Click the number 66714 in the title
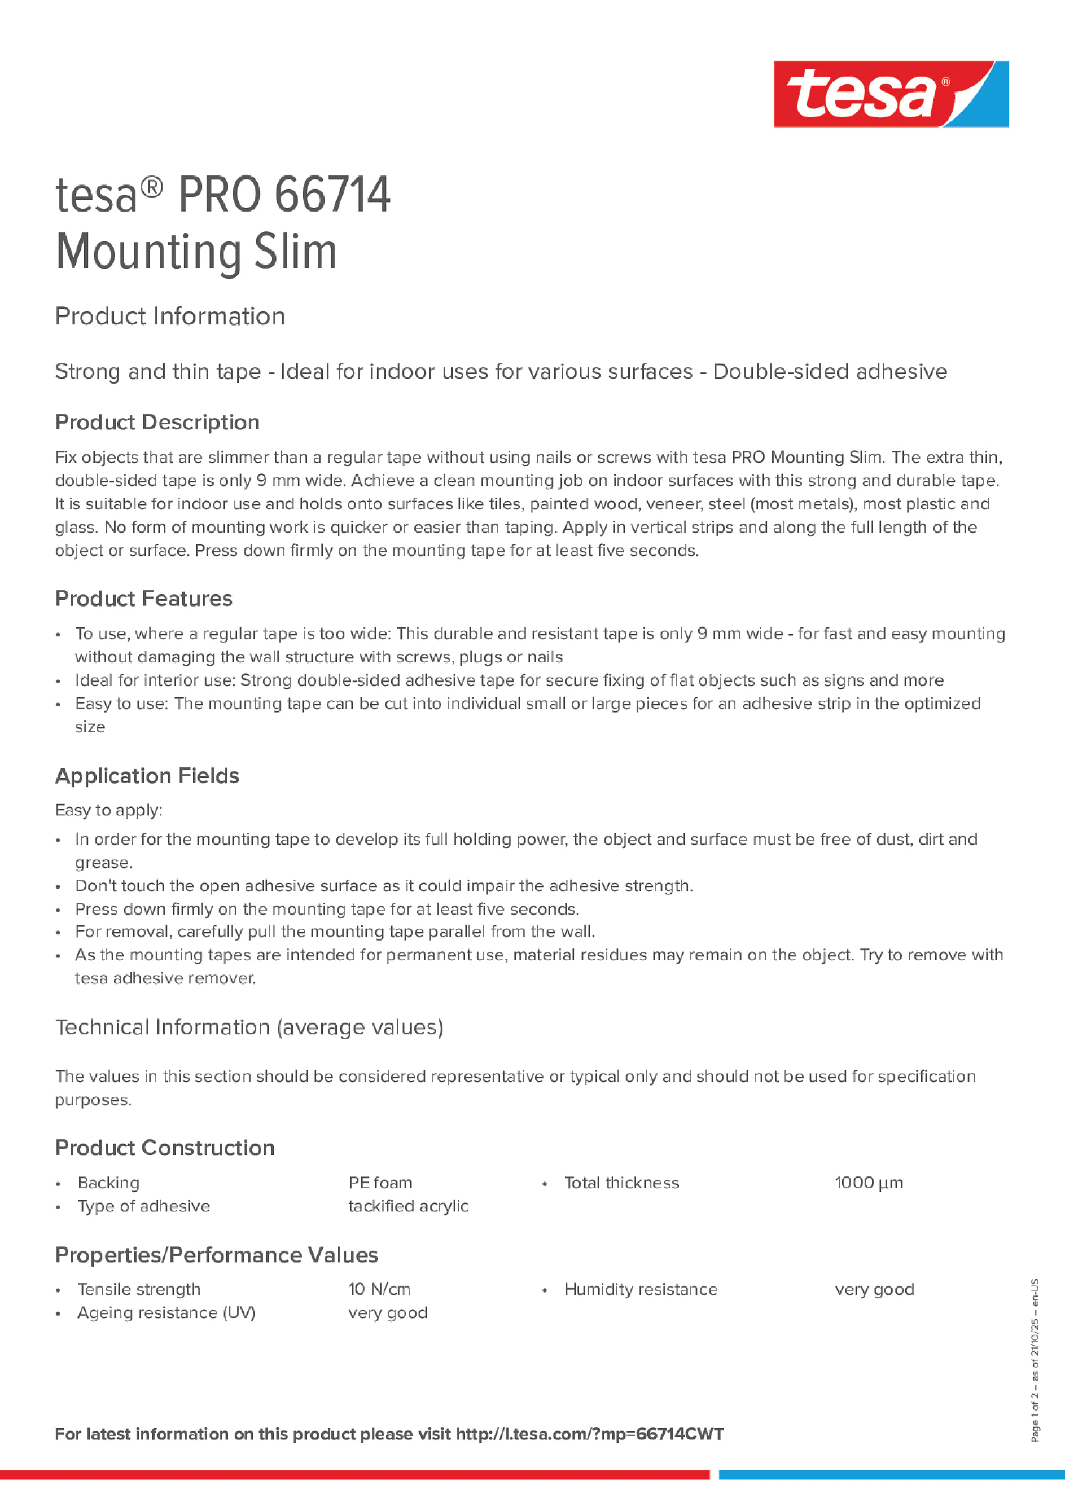coord(332,195)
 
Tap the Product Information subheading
coord(170,317)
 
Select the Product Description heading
coord(157,422)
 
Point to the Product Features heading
coord(144,599)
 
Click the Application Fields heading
coord(147,776)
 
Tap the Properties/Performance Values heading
coord(217,1255)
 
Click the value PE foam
coord(380,1183)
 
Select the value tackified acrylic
coord(409,1206)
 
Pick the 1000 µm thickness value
coord(869,1183)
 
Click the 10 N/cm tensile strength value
coord(379,1289)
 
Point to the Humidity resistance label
coord(640,1289)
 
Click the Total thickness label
coord(621,1183)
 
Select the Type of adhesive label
coord(144,1206)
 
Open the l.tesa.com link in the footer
coord(590,1434)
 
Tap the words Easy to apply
coord(108,810)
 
